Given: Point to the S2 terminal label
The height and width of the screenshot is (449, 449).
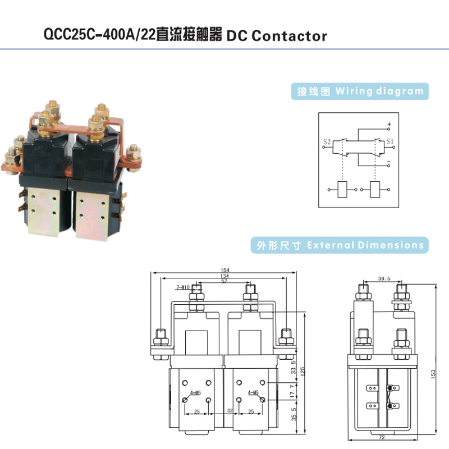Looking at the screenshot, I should click(x=328, y=141).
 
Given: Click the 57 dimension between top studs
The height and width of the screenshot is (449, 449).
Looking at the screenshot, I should click(x=223, y=281).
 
